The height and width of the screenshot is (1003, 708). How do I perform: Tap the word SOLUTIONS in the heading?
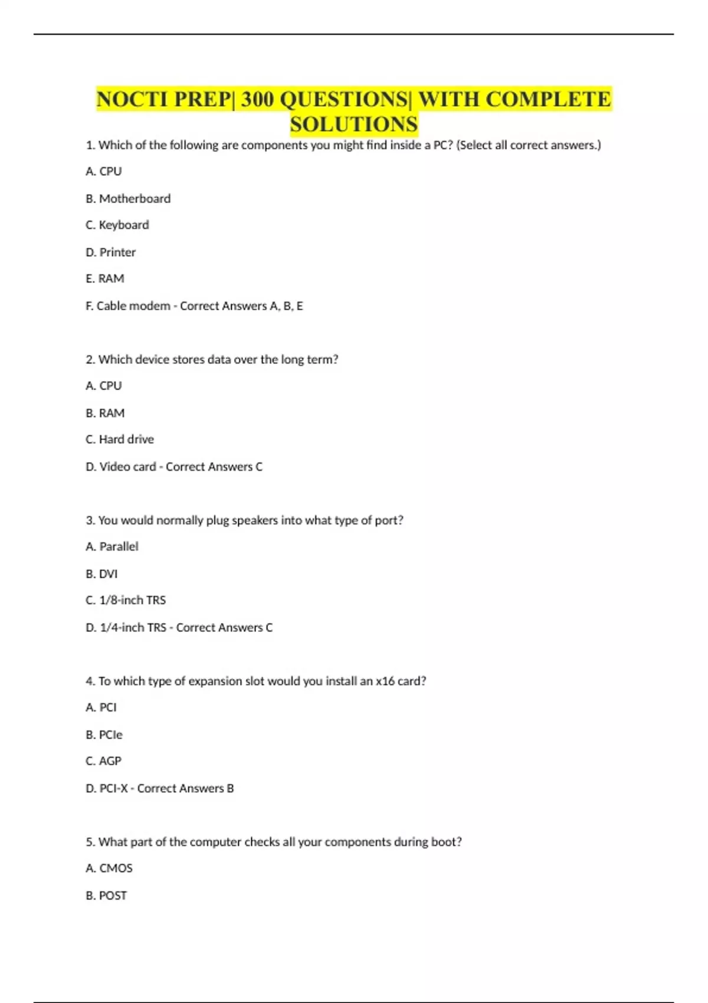[353, 124]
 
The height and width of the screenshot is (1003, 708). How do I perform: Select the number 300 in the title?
[257, 99]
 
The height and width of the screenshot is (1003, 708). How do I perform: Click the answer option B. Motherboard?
[128, 199]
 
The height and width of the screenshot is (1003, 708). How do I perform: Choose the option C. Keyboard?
[117, 225]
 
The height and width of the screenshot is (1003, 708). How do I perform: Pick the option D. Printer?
[111, 253]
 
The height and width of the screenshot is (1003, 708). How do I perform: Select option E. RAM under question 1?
[105, 278]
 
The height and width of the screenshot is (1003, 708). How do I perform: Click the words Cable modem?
[133, 306]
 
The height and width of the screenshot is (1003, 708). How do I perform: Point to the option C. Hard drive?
[120, 440]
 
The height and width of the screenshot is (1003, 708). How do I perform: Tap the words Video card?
[128, 467]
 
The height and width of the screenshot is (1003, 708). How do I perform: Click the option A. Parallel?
[112, 547]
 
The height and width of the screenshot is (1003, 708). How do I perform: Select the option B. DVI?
[101, 574]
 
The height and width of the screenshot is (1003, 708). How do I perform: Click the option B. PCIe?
[104, 735]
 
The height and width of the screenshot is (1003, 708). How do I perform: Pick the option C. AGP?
[103, 761]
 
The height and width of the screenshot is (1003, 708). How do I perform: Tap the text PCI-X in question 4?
[114, 789]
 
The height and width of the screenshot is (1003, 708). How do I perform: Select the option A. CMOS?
[109, 868]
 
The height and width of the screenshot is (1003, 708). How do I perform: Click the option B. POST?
[106, 896]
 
